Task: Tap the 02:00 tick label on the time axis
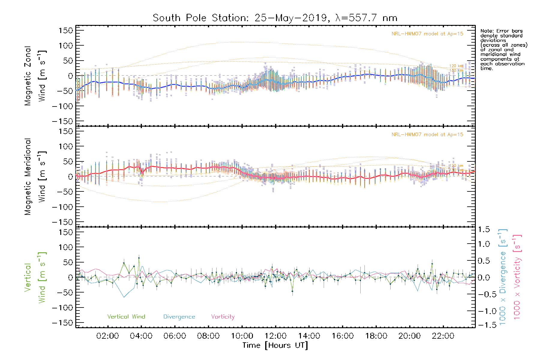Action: (x=108, y=336)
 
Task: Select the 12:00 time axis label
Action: (x=276, y=336)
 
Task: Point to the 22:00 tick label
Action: (x=443, y=336)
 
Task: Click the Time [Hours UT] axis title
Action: (x=275, y=345)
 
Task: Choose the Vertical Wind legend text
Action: (x=126, y=316)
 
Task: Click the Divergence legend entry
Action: (x=179, y=316)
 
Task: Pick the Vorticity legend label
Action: (x=223, y=316)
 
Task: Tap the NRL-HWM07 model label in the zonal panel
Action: (x=427, y=34)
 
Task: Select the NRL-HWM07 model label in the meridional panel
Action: (x=427, y=135)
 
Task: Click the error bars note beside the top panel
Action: (x=503, y=49)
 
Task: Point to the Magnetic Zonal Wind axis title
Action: (x=35, y=76)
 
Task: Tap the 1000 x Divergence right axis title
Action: (x=502, y=277)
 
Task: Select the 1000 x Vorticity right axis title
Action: (x=517, y=277)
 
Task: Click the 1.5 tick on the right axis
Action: (x=484, y=229)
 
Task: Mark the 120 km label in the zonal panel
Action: (x=456, y=66)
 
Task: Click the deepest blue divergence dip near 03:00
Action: (x=124, y=297)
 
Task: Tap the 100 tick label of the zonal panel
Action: (x=66, y=46)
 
